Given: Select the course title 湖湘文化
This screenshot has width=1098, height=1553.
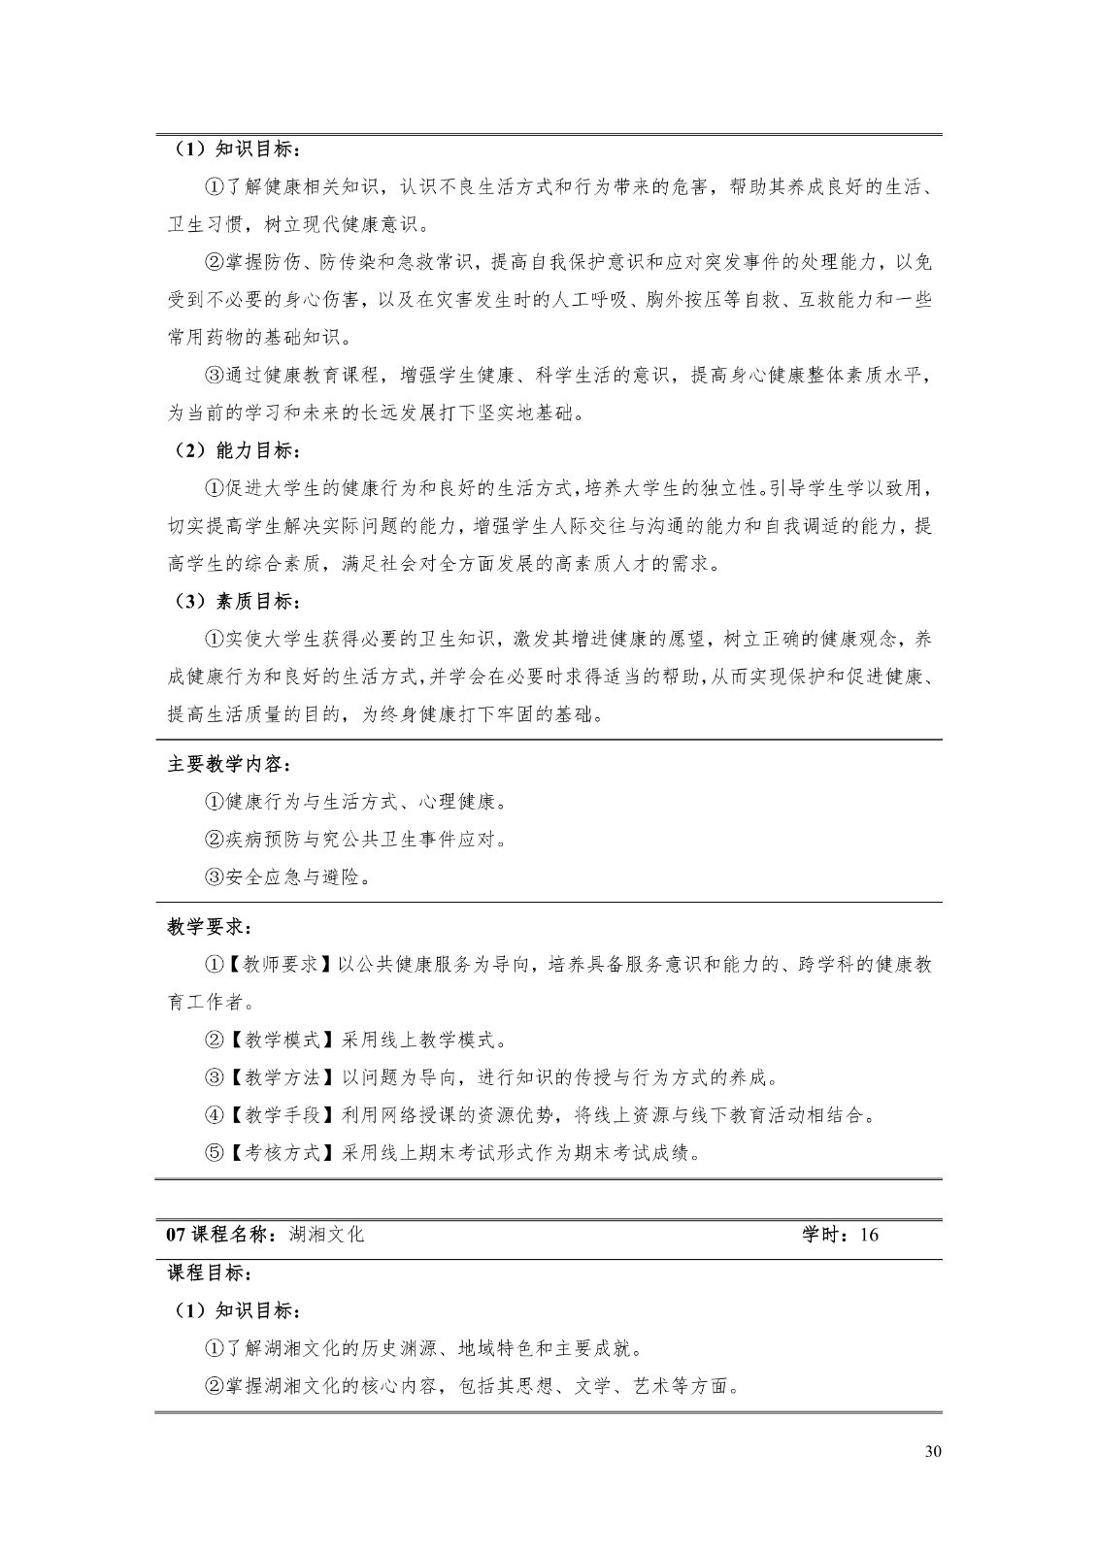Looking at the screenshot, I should [x=327, y=1235].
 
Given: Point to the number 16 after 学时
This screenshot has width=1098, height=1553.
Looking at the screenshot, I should [x=869, y=1235].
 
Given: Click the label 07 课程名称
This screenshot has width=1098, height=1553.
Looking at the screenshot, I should [x=221, y=1235].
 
